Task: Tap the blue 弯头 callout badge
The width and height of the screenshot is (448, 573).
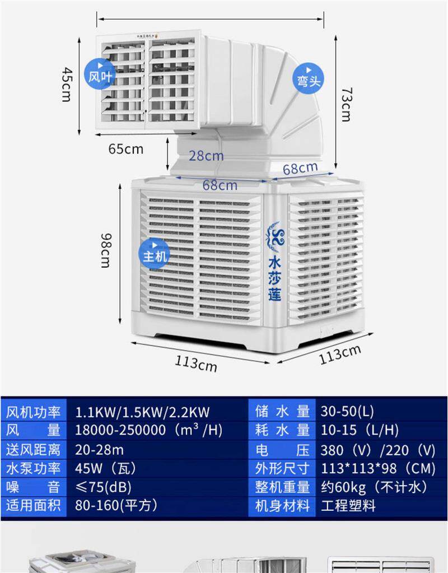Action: [x=308, y=78]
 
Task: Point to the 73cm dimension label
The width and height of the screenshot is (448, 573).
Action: [x=347, y=104]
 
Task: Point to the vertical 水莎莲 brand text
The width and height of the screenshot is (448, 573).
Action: [x=275, y=278]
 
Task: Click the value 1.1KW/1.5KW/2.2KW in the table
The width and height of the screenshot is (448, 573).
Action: [x=142, y=413]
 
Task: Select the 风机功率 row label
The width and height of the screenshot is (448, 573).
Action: [x=34, y=413]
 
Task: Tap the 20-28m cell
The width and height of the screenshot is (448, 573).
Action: [x=99, y=450]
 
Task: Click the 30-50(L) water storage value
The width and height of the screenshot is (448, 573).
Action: [x=347, y=412]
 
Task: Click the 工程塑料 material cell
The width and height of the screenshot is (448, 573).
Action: [x=348, y=506]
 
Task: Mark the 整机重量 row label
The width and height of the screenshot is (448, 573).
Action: [x=282, y=487]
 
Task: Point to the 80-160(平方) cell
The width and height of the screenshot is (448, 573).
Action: [x=116, y=506]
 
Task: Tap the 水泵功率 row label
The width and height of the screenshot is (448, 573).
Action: [x=34, y=468]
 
